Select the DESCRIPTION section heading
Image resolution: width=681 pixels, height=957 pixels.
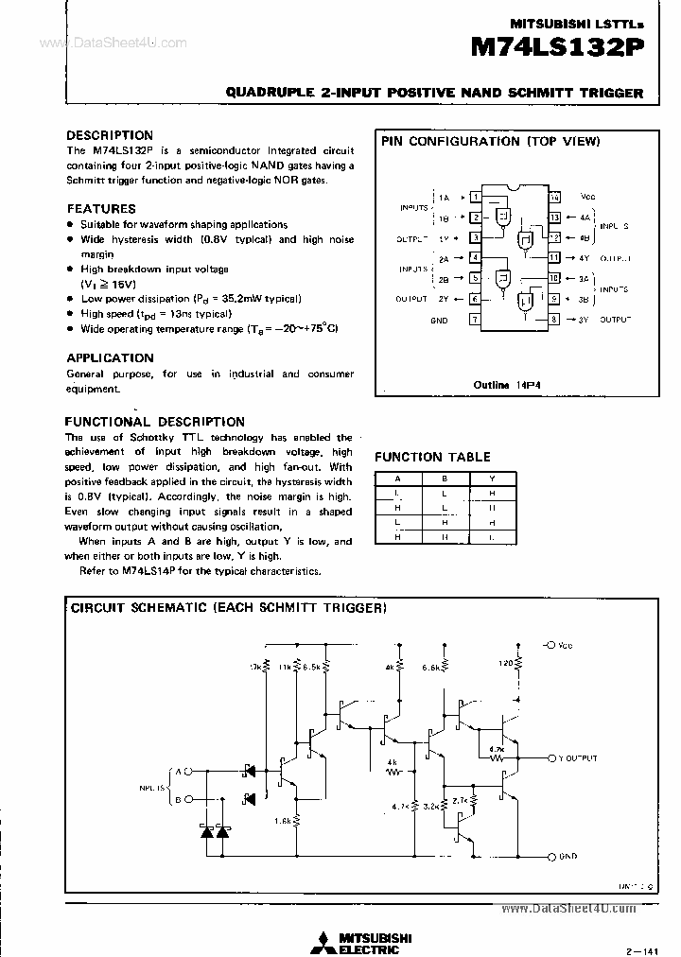click(x=110, y=135)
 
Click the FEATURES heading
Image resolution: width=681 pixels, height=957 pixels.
click(x=101, y=208)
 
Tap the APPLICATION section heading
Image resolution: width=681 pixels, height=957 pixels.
click(x=110, y=357)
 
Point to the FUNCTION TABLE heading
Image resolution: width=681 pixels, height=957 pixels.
click(x=432, y=457)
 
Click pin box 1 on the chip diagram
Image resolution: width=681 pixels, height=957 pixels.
click(x=476, y=198)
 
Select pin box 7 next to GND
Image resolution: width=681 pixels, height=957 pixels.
click(x=476, y=321)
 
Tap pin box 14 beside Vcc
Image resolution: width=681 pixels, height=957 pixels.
click(x=554, y=198)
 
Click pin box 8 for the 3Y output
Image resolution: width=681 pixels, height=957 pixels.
click(x=554, y=321)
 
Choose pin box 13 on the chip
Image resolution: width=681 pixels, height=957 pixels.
click(x=554, y=217)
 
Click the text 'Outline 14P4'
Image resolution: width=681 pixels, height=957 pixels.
click(x=512, y=385)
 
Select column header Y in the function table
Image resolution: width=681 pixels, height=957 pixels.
click(x=492, y=478)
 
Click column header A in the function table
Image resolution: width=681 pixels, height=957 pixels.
click(x=397, y=478)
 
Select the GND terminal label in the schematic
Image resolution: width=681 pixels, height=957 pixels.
click(x=568, y=856)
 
